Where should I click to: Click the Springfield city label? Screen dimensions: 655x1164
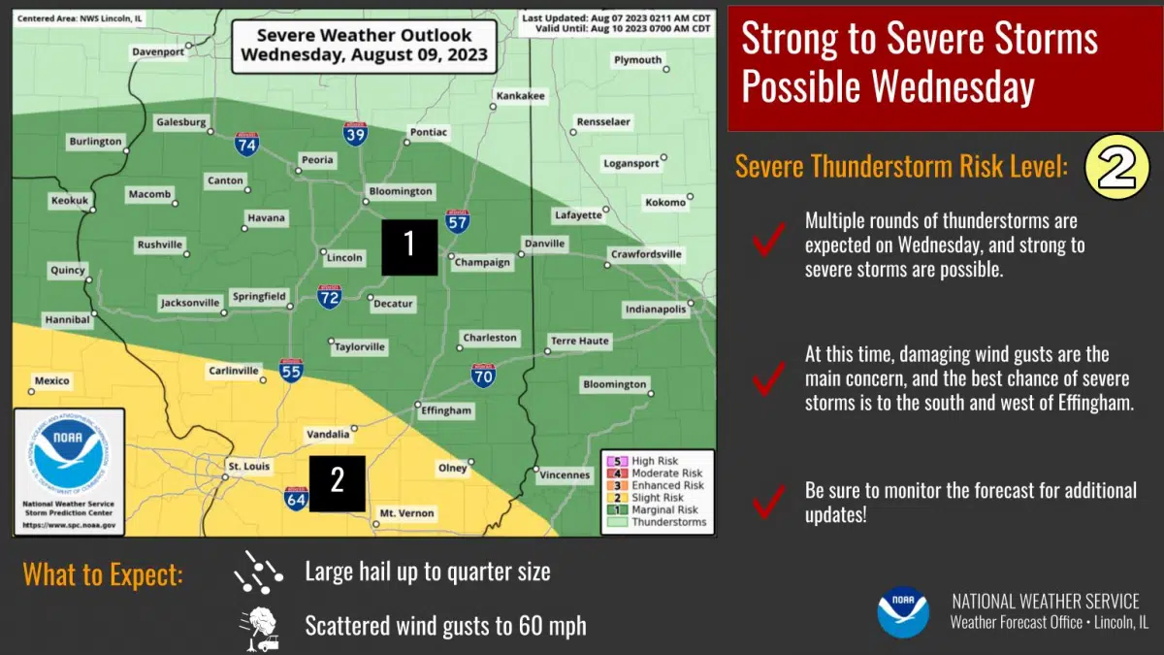(x=259, y=296)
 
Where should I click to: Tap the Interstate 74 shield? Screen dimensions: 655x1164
(x=246, y=145)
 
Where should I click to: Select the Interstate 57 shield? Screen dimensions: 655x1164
(x=458, y=221)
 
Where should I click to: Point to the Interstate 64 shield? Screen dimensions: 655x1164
(x=297, y=500)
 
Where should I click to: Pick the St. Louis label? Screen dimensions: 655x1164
(x=247, y=468)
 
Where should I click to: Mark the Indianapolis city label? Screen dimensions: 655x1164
(x=657, y=310)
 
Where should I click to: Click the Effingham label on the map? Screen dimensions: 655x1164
(x=445, y=410)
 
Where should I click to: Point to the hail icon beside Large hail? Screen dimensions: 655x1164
(x=258, y=572)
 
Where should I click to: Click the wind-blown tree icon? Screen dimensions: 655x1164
(x=259, y=627)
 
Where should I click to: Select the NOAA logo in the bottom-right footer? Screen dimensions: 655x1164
(x=903, y=612)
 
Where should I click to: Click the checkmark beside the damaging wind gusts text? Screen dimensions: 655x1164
(x=768, y=378)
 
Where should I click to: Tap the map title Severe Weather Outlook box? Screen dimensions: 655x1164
(x=364, y=45)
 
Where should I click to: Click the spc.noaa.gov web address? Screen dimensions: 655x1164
(x=69, y=525)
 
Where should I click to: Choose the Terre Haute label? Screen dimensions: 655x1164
(x=580, y=341)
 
